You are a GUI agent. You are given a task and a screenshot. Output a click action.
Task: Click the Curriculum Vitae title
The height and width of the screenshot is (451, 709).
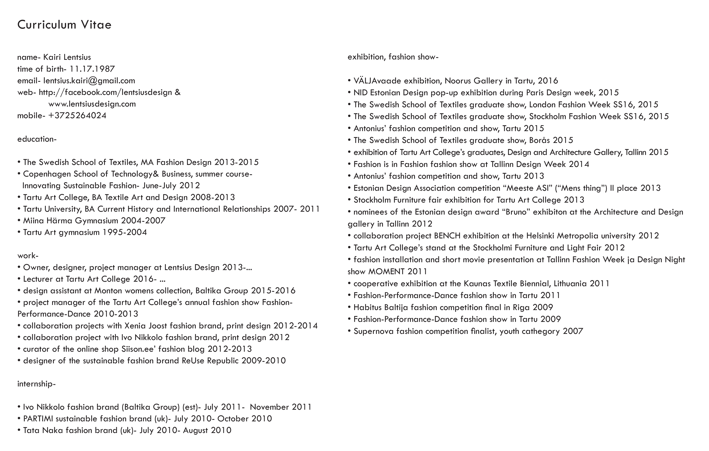tap(64, 25)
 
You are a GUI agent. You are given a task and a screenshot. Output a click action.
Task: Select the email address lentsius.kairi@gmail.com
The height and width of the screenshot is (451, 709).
tap(89, 81)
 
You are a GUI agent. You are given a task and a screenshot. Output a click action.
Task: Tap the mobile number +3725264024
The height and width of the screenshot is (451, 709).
tap(77, 115)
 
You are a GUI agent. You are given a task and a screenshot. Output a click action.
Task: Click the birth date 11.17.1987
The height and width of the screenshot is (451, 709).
tap(92, 69)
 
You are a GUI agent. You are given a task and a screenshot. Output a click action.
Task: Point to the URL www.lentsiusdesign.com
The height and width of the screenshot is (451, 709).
tap(92, 104)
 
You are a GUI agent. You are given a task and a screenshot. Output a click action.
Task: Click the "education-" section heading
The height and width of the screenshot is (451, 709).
tap(37, 139)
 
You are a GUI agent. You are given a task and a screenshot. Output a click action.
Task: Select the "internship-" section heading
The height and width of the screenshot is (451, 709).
tap(36, 384)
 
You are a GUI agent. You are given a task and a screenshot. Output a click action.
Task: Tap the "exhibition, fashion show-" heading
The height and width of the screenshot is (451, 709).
tap(393, 57)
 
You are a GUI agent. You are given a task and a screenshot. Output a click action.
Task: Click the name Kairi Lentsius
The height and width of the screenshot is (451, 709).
tap(67, 57)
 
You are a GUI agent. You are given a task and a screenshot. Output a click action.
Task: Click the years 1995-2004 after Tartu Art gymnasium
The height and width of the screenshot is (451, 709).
tap(124, 232)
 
